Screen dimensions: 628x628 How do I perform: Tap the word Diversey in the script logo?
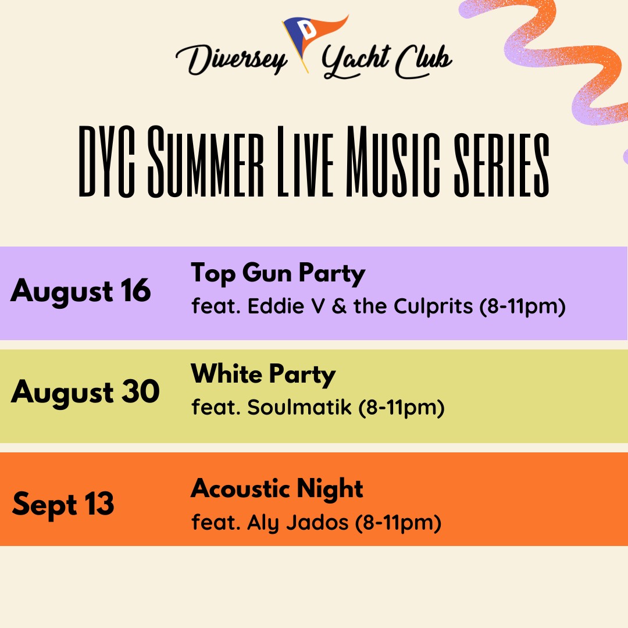point(231,60)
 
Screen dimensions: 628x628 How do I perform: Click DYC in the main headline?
point(106,162)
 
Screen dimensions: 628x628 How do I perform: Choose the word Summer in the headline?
point(206,162)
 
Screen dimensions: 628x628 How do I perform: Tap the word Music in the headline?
point(393,162)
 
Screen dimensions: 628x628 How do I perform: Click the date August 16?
point(81,291)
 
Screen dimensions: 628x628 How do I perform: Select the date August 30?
point(85,392)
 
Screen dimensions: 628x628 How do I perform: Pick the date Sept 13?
point(63,505)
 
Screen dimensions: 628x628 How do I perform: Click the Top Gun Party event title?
point(278,274)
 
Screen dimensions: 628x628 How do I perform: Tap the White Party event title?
point(263,375)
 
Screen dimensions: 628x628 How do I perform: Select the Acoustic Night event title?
point(277,490)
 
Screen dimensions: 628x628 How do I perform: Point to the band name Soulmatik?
point(299,407)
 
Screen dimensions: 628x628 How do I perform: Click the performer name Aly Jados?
point(298,523)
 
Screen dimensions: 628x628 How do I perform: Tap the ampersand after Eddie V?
point(339,306)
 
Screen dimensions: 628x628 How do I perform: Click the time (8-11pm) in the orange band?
point(398,523)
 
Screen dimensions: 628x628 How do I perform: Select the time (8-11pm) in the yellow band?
point(402,408)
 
